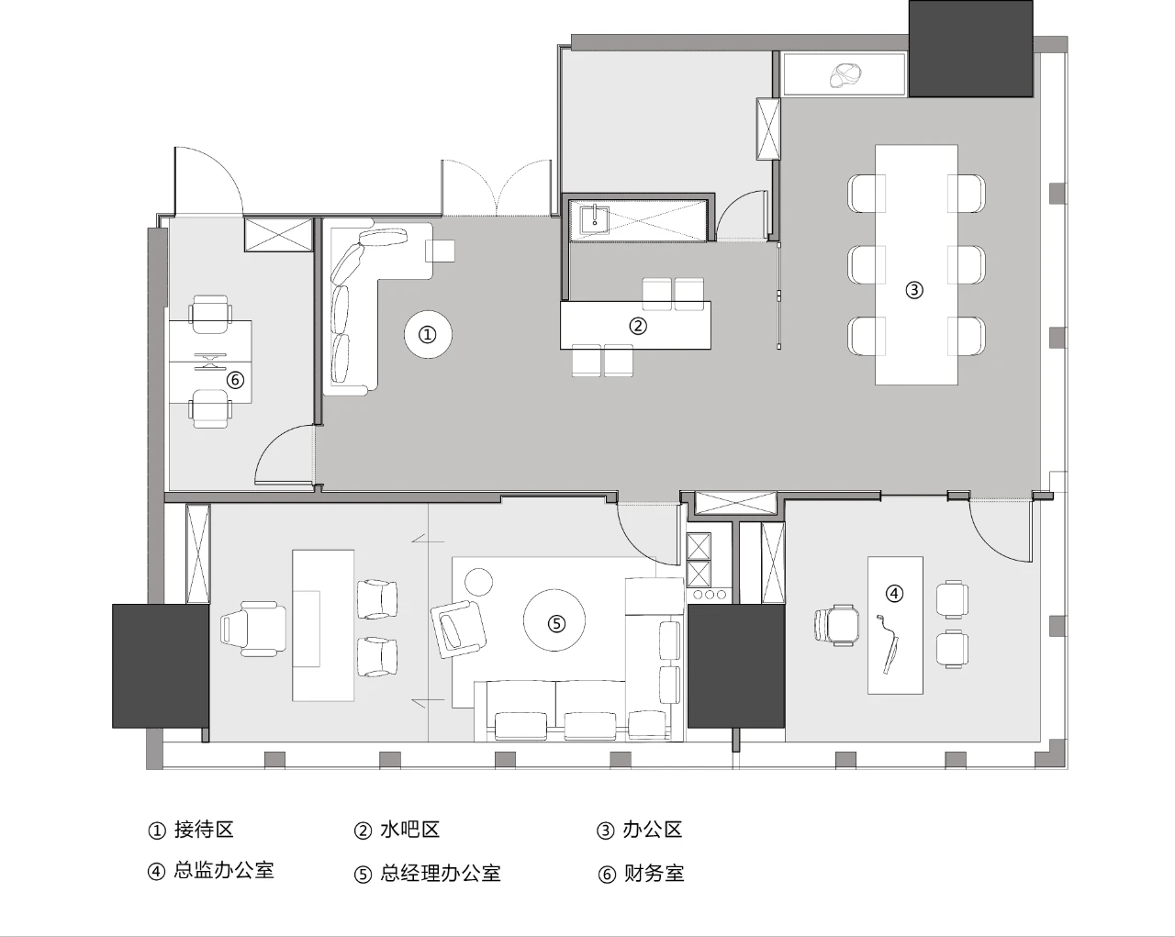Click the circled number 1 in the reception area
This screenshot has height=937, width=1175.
427,335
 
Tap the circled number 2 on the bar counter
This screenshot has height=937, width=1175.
637,325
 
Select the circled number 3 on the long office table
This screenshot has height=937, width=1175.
913,290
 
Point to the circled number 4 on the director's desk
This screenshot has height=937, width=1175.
894,593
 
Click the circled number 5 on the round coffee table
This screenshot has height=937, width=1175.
556,623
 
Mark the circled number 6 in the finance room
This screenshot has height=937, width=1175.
235,379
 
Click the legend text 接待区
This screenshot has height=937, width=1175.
204,830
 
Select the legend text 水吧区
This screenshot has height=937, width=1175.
409,830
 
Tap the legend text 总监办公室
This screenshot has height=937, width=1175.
224,871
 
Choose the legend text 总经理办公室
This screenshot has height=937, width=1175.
441,874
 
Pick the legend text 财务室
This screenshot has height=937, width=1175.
654,874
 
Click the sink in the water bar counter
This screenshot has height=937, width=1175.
594,218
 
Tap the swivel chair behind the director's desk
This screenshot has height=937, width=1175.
836,624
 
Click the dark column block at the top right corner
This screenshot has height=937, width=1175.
971,49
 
